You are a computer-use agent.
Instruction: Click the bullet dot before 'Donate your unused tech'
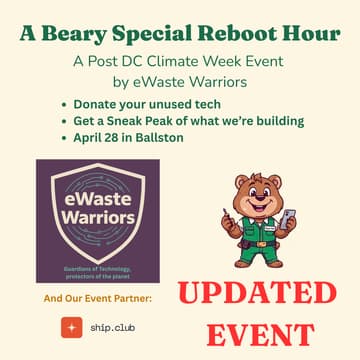point(65,104)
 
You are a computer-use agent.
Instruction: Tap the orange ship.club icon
point(71,327)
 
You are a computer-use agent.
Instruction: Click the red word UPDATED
point(257,294)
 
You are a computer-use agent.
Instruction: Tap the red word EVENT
point(257,333)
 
